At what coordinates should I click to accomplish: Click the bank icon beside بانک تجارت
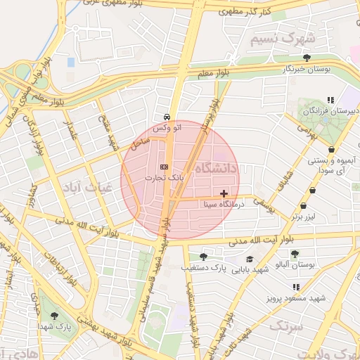[x=164, y=167]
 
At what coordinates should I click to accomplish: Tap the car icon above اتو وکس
[x=166, y=116]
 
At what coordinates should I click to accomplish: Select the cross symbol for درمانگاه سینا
[x=224, y=193]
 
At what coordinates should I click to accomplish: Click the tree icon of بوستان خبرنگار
[x=306, y=58]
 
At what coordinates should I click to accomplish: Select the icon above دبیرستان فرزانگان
[x=330, y=100]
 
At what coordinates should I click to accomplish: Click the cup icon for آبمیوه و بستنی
[x=332, y=150]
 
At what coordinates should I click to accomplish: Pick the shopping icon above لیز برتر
[x=303, y=206]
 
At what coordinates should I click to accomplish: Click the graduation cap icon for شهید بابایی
[x=249, y=259]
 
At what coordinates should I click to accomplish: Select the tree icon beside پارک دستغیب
[x=203, y=257]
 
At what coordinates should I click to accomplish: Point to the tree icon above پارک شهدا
[x=55, y=316]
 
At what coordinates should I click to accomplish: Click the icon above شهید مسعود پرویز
[x=295, y=287]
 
